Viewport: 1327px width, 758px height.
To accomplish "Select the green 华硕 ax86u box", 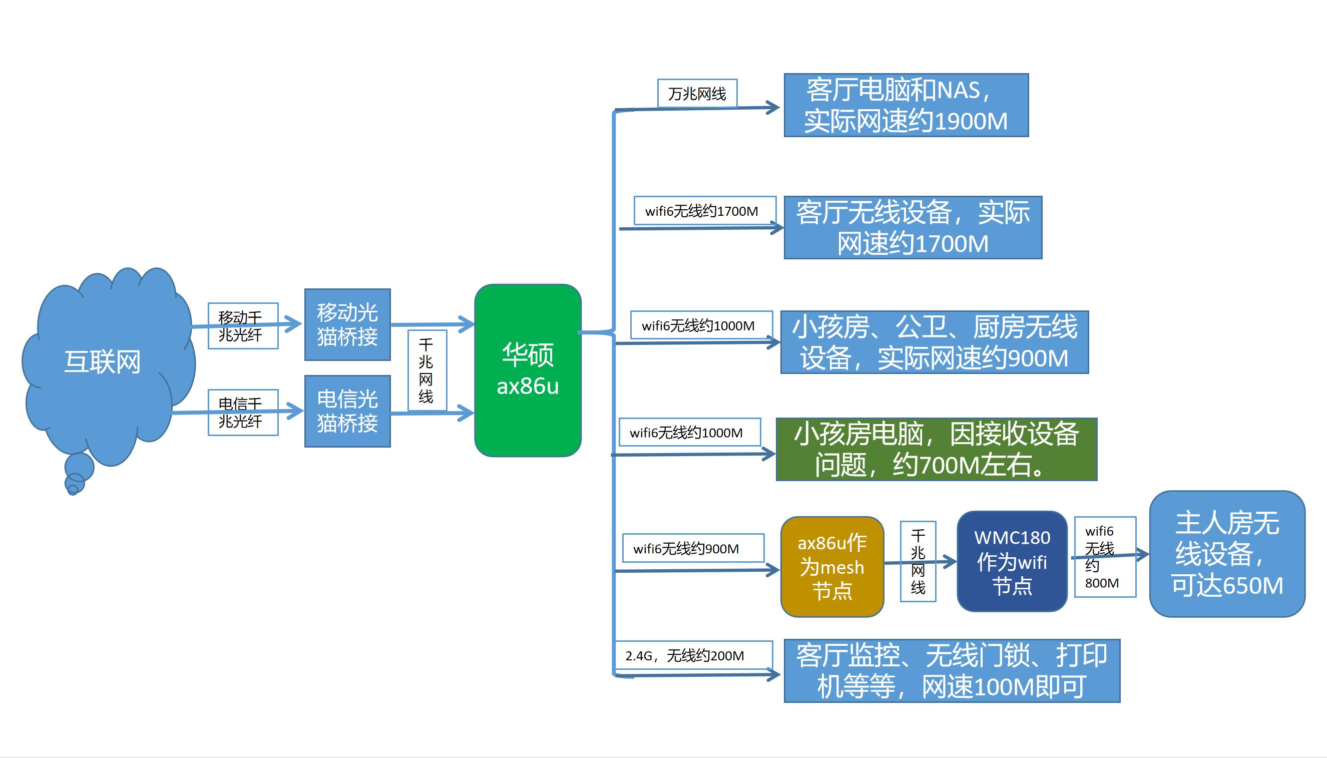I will pyautogui.click(x=527, y=370).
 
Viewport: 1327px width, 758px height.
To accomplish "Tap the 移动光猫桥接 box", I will pyautogui.click(x=347, y=324).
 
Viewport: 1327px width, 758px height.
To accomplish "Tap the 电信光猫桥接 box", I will pyautogui.click(x=347, y=411).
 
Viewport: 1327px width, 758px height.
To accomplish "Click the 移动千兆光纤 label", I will pyautogui.click(x=242, y=326).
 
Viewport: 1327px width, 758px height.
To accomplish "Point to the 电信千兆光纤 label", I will pyautogui.click(x=242, y=413).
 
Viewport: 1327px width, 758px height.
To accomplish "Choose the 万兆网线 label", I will pyautogui.click(x=697, y=94).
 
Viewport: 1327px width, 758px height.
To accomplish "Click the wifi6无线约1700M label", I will pyautogui.click(x=704, y=211).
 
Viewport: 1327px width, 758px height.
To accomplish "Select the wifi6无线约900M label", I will pyautogui.click(x=693, y=548).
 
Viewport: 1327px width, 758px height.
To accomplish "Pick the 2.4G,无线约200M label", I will pyautogui.click(x=693, y=655).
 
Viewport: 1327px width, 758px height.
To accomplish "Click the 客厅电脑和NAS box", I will pyautogui.click(x=906, y=105).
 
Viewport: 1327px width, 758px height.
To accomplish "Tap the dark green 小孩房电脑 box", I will pyautogui.click(x=936, y=449).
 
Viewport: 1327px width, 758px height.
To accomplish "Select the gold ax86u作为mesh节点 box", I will pyautogui.click(x=831, y=566).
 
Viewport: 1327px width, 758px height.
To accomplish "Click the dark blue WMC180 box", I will pyautogui.click(x=1012, y=561).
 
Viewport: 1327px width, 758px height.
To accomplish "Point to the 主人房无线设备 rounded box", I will pyautogui.click(x=1226, y=553).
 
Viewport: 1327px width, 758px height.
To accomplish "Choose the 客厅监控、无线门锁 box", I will pyautogui.click(x=951, y=670).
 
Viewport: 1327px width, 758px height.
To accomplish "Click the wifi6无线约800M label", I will pyautogui.click(x=1104, y=557).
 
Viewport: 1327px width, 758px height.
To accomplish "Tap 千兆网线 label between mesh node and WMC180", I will pyautogui.click(x=918, y=561).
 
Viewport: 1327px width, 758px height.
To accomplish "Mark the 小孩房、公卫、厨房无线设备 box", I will pyautogui.click(x=934, y=342).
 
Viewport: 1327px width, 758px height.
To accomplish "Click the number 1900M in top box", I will pyautogui.click(x=971, y=122).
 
